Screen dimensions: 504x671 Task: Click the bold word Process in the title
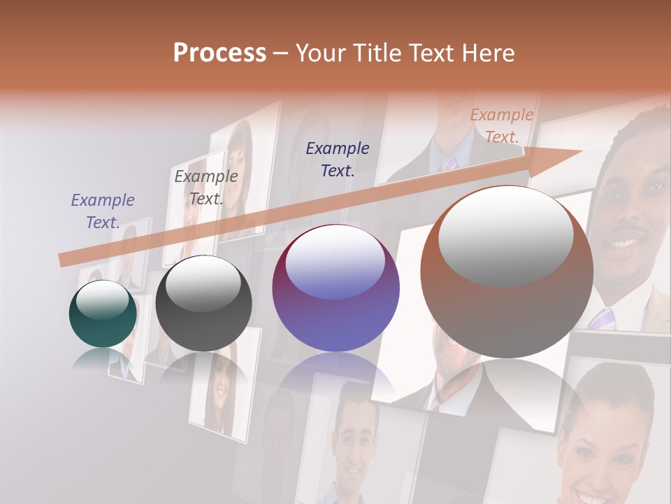219,52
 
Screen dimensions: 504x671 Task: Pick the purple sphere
336,288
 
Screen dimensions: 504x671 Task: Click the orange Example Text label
502,126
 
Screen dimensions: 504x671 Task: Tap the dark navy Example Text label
338,159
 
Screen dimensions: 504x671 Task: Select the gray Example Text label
206,187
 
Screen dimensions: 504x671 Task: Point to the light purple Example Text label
103,211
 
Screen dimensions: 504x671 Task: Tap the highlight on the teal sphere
102,300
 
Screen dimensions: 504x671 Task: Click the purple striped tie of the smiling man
603,318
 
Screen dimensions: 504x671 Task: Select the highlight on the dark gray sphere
203,286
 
